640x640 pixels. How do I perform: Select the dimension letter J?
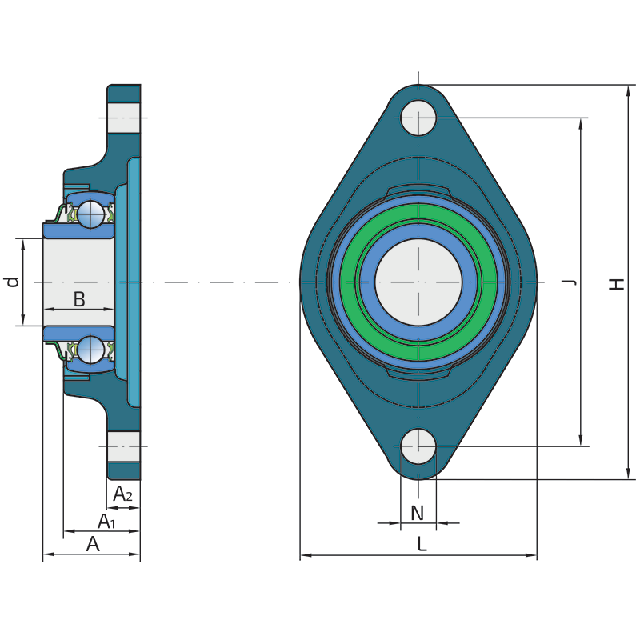(x=569, y=282)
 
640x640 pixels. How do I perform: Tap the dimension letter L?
(x=422, y=544)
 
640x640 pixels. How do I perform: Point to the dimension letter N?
(x=417, y=513)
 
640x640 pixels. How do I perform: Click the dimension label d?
(x=11, y=282)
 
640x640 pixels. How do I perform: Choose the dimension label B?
(x=79, y=299)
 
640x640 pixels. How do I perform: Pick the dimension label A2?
(x=122, y=494)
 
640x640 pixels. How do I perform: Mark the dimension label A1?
(x=106, y=522)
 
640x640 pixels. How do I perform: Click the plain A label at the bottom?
(x=93, y=544)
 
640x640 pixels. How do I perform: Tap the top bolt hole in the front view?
(x=418, y=118)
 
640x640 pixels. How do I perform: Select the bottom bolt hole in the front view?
(x=418, y=446)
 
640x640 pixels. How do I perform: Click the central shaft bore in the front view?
(x=418, y=282)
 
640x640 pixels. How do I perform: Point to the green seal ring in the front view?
(x=418, y=282)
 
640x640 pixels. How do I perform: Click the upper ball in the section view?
(x=91, y=214)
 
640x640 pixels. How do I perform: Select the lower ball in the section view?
(x=91, y=350)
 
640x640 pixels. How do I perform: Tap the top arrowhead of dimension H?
(x=629, y=91)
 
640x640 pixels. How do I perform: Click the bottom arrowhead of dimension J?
(x=581, y=440)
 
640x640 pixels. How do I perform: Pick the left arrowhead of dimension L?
(x=306, y=555)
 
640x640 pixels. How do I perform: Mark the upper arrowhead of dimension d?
(x=23, y=245)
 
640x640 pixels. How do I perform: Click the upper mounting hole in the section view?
(x=124, y=118)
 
